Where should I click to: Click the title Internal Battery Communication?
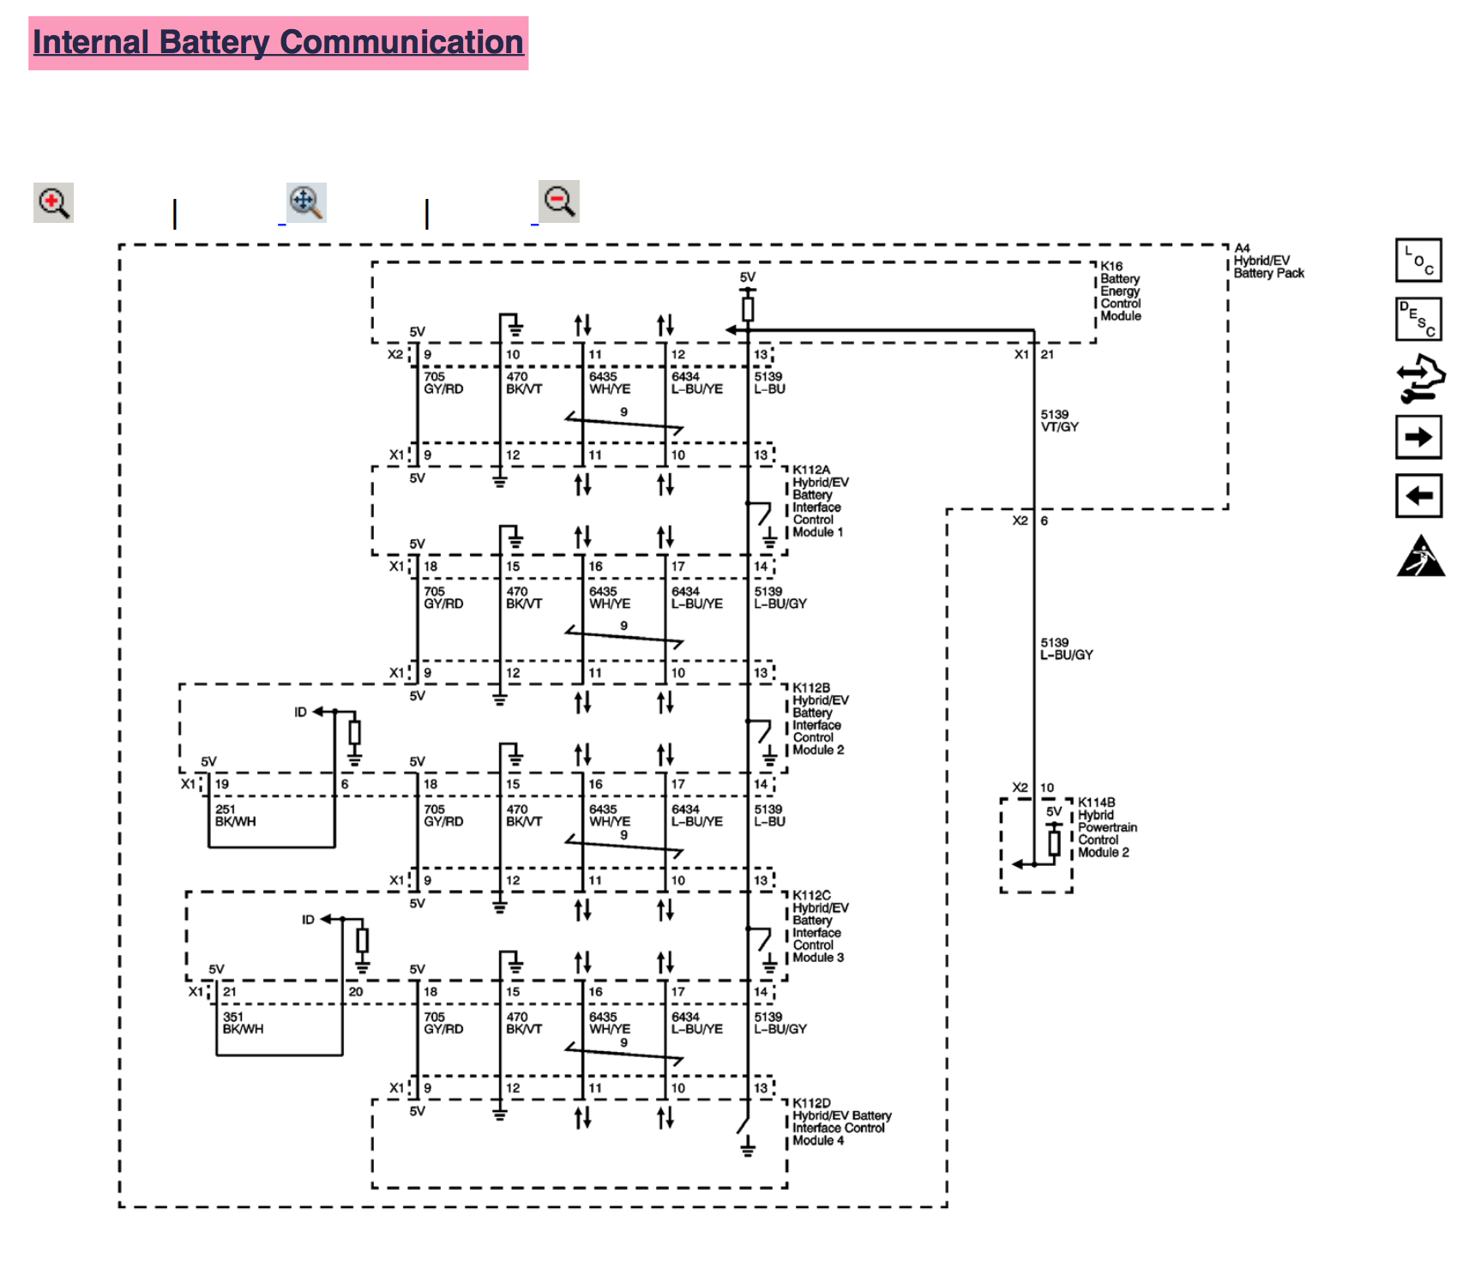pyautogui.click(x=278, y=43)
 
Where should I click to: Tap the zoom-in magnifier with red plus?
pyautogui.click(x=53, y=203)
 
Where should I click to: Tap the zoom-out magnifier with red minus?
pyautogui.click(x=559, y=201)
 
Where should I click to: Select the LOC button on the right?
pyautogui.click(x=1418, y=261)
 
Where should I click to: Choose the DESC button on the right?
pyautogui.click(x=1418, y=319)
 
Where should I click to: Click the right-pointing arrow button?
pyautogui.click(x=1418, y=437)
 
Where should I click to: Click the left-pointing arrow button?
pyautogui.click(x=1418, y=496)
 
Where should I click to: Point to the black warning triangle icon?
pyautogui.click(x=1420, y=556)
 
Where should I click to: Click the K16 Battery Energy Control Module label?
pyautogui.click(x=1120, y=291)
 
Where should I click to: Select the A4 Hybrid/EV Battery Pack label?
pyautogui.click(x=1267, y=261)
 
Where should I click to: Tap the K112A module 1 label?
pyautogui.click(x=819, y=501)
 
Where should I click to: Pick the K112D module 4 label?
pyautogui.click(x=840, y=1121)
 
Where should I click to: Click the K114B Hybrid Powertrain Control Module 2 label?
pyautogui.click(x=1106, y=827)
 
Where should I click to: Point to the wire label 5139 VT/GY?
pyautogui.click(x=1059, y=420)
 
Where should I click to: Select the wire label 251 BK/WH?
pyautogui.click(x=235, y=815)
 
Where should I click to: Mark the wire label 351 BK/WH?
pyautogui.click(x=243, y=1023)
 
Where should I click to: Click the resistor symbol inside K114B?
pyautogui.click(x=1054, y=843)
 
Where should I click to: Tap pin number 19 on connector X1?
pyautogui.click(x=222, y=784)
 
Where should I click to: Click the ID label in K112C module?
pyautogui.click(x=308, y=920)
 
